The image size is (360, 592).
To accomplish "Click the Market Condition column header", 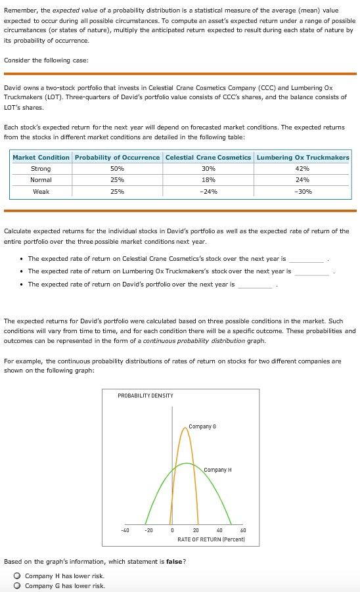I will [x=41, y=157].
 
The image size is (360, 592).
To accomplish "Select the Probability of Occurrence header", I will [x=118, y=157].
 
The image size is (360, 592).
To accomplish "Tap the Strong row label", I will [x=41, y=169].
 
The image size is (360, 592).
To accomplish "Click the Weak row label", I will [x=41, y=191].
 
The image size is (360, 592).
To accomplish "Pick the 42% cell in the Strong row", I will [x=303, y=169].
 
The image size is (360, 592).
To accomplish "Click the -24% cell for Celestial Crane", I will [x=208, y=191].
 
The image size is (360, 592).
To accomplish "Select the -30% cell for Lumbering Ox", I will [x=303, y=191].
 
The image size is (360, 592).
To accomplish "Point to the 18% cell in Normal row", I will [x=208, y=180].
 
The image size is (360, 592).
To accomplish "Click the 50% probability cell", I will [x=118, y=169].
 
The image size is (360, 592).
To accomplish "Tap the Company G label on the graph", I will [x=200, y=427].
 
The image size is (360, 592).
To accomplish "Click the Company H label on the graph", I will [x=217, y=470].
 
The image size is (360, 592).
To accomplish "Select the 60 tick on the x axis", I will [x=243, y=530].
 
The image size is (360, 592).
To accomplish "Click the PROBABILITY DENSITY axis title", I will [x=145, y=395].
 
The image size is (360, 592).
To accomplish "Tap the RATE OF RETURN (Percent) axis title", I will [x=211, y=539].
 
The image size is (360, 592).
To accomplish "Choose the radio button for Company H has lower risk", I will [x=18, y=576].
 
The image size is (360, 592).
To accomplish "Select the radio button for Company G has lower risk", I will [x=18, y=585].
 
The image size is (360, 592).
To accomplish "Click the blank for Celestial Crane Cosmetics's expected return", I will [x=307, y=259].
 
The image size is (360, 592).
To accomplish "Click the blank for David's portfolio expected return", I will [x=255, y=285].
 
